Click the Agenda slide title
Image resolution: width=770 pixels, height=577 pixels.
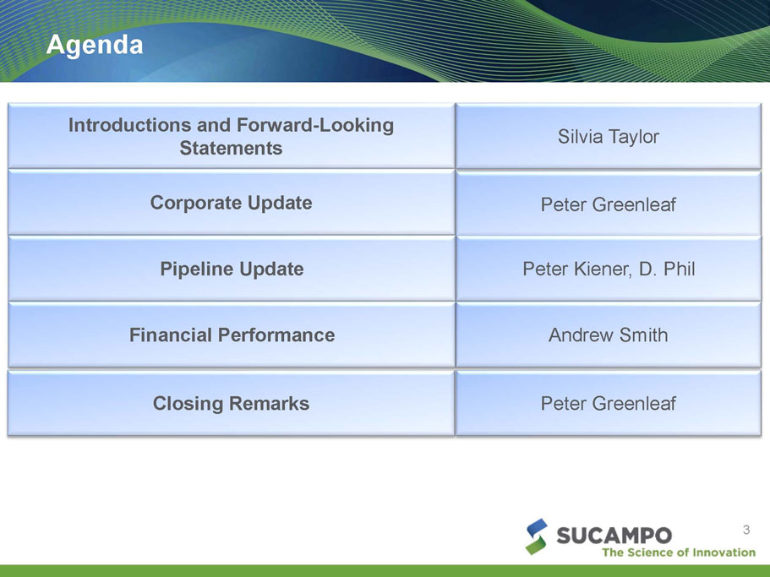(x=95, y=45)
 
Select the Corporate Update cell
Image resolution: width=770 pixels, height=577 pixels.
(x=232, y=203)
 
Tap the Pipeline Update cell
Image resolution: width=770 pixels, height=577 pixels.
(x=232, y=269)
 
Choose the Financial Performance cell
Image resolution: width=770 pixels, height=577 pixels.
(x=232, y=335)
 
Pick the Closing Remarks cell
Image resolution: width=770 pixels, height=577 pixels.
(x=232, y=403)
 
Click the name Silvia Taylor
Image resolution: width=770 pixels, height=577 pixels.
(x=608, y=137)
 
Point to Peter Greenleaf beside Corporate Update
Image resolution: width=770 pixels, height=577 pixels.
(x=608, y=204)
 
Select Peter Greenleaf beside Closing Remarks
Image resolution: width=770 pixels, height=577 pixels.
(x=608, y=403)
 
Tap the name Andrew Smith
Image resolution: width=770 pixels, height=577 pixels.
(x=608, y=335)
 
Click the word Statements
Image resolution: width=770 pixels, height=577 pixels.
(x=231, y=148)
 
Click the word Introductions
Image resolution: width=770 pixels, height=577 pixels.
(x=129, y=125)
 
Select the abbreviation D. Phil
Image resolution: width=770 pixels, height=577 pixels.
(x=667, y=269)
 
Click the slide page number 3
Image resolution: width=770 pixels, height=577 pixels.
(x=746, y=530)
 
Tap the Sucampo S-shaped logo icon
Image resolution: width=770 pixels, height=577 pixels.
(x=536, y=536)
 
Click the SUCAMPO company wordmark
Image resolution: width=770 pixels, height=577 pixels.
(x=614, y=536)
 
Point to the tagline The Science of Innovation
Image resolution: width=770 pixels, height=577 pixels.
(x=679, y=553)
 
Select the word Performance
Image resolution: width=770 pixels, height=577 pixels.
(x=276, y=335)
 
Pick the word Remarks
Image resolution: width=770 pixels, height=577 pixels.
(x=269, y=403)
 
